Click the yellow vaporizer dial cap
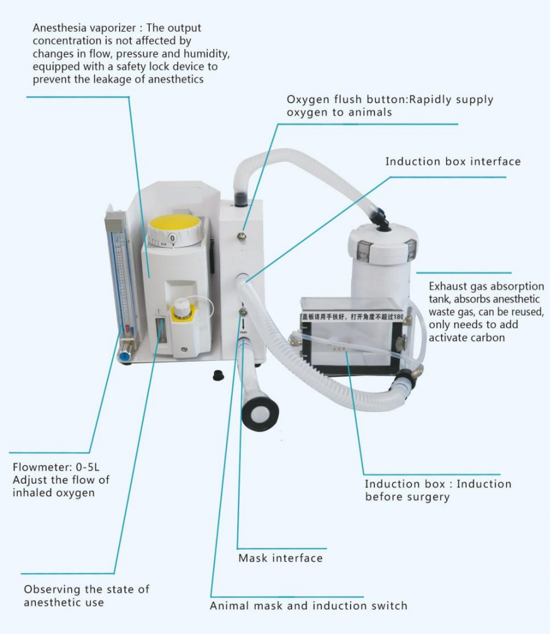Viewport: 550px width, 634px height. tap(174, 223)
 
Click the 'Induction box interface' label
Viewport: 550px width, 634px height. tap(453, 162)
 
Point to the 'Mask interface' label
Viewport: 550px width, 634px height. tap(280, 558)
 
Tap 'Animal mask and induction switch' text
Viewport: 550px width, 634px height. tap(308, 606)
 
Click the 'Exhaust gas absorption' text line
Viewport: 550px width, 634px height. tap(486, 286)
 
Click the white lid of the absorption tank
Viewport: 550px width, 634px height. tap(383, 242)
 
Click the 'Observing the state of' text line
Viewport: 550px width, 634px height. tap(87, 589)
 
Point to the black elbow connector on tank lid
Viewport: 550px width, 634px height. tap(379, 218)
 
